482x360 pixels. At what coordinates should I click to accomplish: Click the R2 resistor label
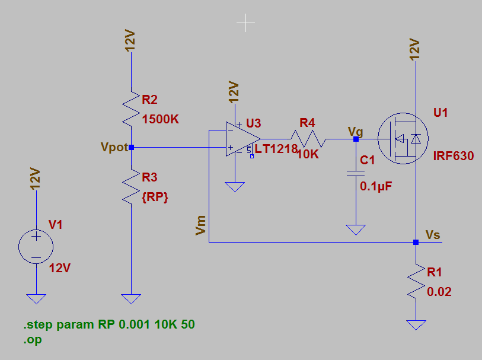coord(150,100)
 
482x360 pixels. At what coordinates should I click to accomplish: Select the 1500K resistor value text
coord(161,119)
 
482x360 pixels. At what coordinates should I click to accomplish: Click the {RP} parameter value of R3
coord(155,198)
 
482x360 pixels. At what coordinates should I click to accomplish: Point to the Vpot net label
coord(114,147)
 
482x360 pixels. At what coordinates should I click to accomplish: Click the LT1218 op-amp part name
coord(276,149)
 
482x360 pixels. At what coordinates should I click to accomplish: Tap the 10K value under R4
coord(308,154)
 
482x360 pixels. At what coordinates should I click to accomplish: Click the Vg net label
coord(356,130)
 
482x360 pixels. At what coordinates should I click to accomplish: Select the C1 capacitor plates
coord(356,173)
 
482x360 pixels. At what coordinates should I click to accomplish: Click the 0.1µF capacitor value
coord(376,186)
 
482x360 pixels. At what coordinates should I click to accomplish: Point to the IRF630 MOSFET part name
coord(454,157)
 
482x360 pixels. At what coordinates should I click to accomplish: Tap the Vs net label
coord(433,235)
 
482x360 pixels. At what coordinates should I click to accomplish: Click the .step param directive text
coord(109,325)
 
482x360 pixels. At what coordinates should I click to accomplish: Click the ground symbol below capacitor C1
coord(356,229)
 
